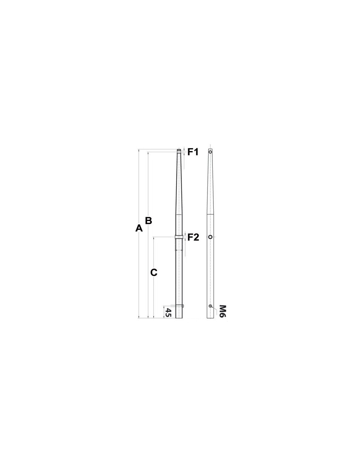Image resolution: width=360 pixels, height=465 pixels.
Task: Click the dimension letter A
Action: click(139, 228)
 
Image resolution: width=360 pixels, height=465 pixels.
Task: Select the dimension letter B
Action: click(148, 220)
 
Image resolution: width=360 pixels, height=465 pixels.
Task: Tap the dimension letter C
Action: click(154, 272)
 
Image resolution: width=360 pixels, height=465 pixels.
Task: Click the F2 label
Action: click(193, 237)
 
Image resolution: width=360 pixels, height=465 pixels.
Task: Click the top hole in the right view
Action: click(210, 152)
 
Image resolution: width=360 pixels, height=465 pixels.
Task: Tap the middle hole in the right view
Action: click(210, 237)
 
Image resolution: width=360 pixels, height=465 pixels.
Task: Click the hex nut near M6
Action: click(210, 306)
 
